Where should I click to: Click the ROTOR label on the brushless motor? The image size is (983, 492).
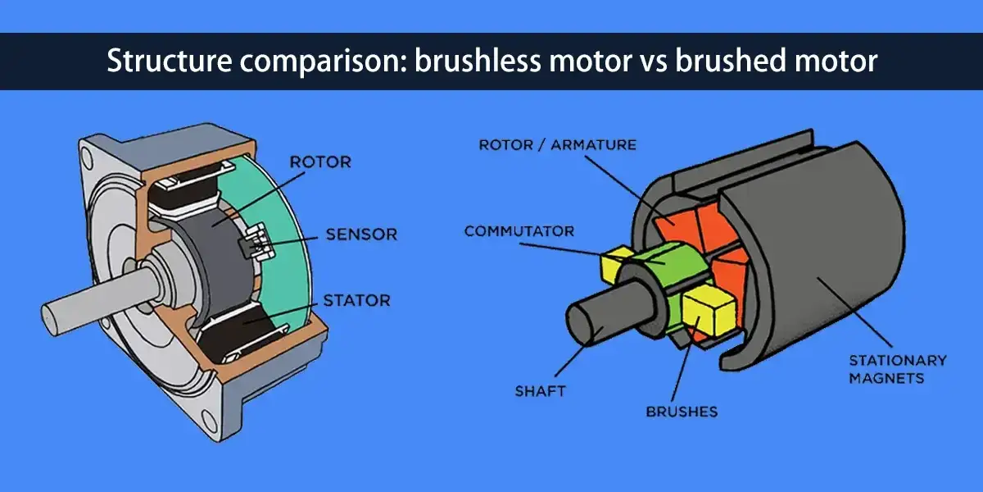[320, 162]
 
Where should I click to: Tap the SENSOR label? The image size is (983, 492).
[361, 235]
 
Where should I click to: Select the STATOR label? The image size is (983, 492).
[356, 300]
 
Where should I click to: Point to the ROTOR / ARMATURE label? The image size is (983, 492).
[557, 145]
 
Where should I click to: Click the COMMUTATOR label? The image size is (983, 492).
[519, 231]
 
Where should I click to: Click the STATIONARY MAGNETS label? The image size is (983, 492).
[896, 369]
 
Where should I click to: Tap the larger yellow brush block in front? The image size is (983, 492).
[710, 312]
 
